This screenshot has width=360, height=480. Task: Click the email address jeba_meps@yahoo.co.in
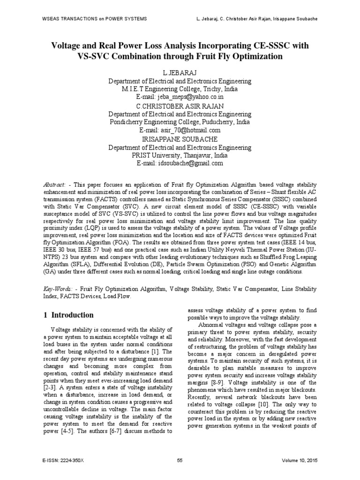point(180,97)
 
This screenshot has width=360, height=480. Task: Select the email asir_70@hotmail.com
point(180,130)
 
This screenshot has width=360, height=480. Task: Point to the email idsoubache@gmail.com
point(180,163)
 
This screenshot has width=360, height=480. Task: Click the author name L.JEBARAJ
point(180,73)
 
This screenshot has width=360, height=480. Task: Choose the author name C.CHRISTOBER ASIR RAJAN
point(180,105)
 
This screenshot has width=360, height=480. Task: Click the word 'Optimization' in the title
point(256,57)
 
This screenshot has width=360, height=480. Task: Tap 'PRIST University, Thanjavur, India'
point(180,155)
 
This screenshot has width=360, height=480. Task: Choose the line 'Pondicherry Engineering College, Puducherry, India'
point(180,122)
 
